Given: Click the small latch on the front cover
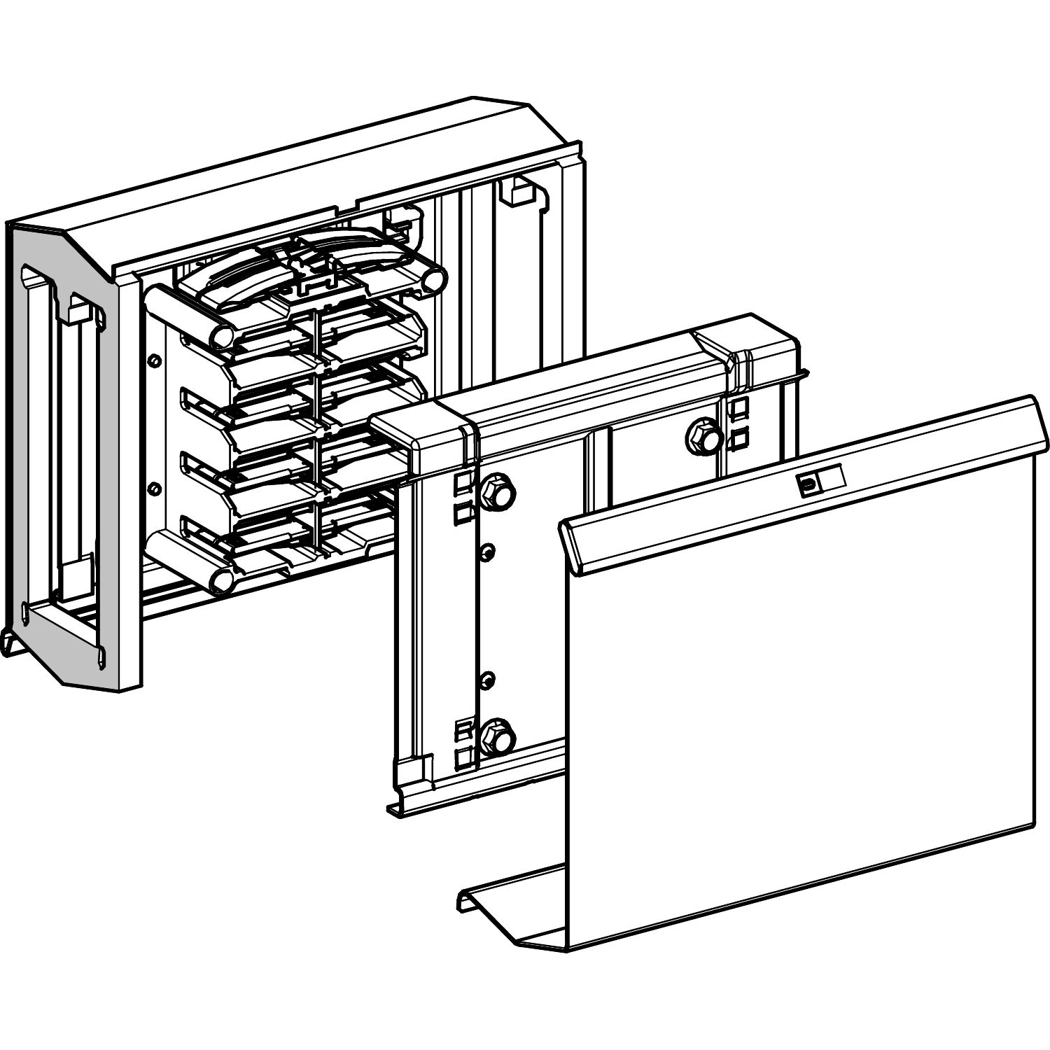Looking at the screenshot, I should pyautogui.click(x=810, y=484).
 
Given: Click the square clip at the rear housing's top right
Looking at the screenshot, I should pyautogui.click(x=519, y=192).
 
